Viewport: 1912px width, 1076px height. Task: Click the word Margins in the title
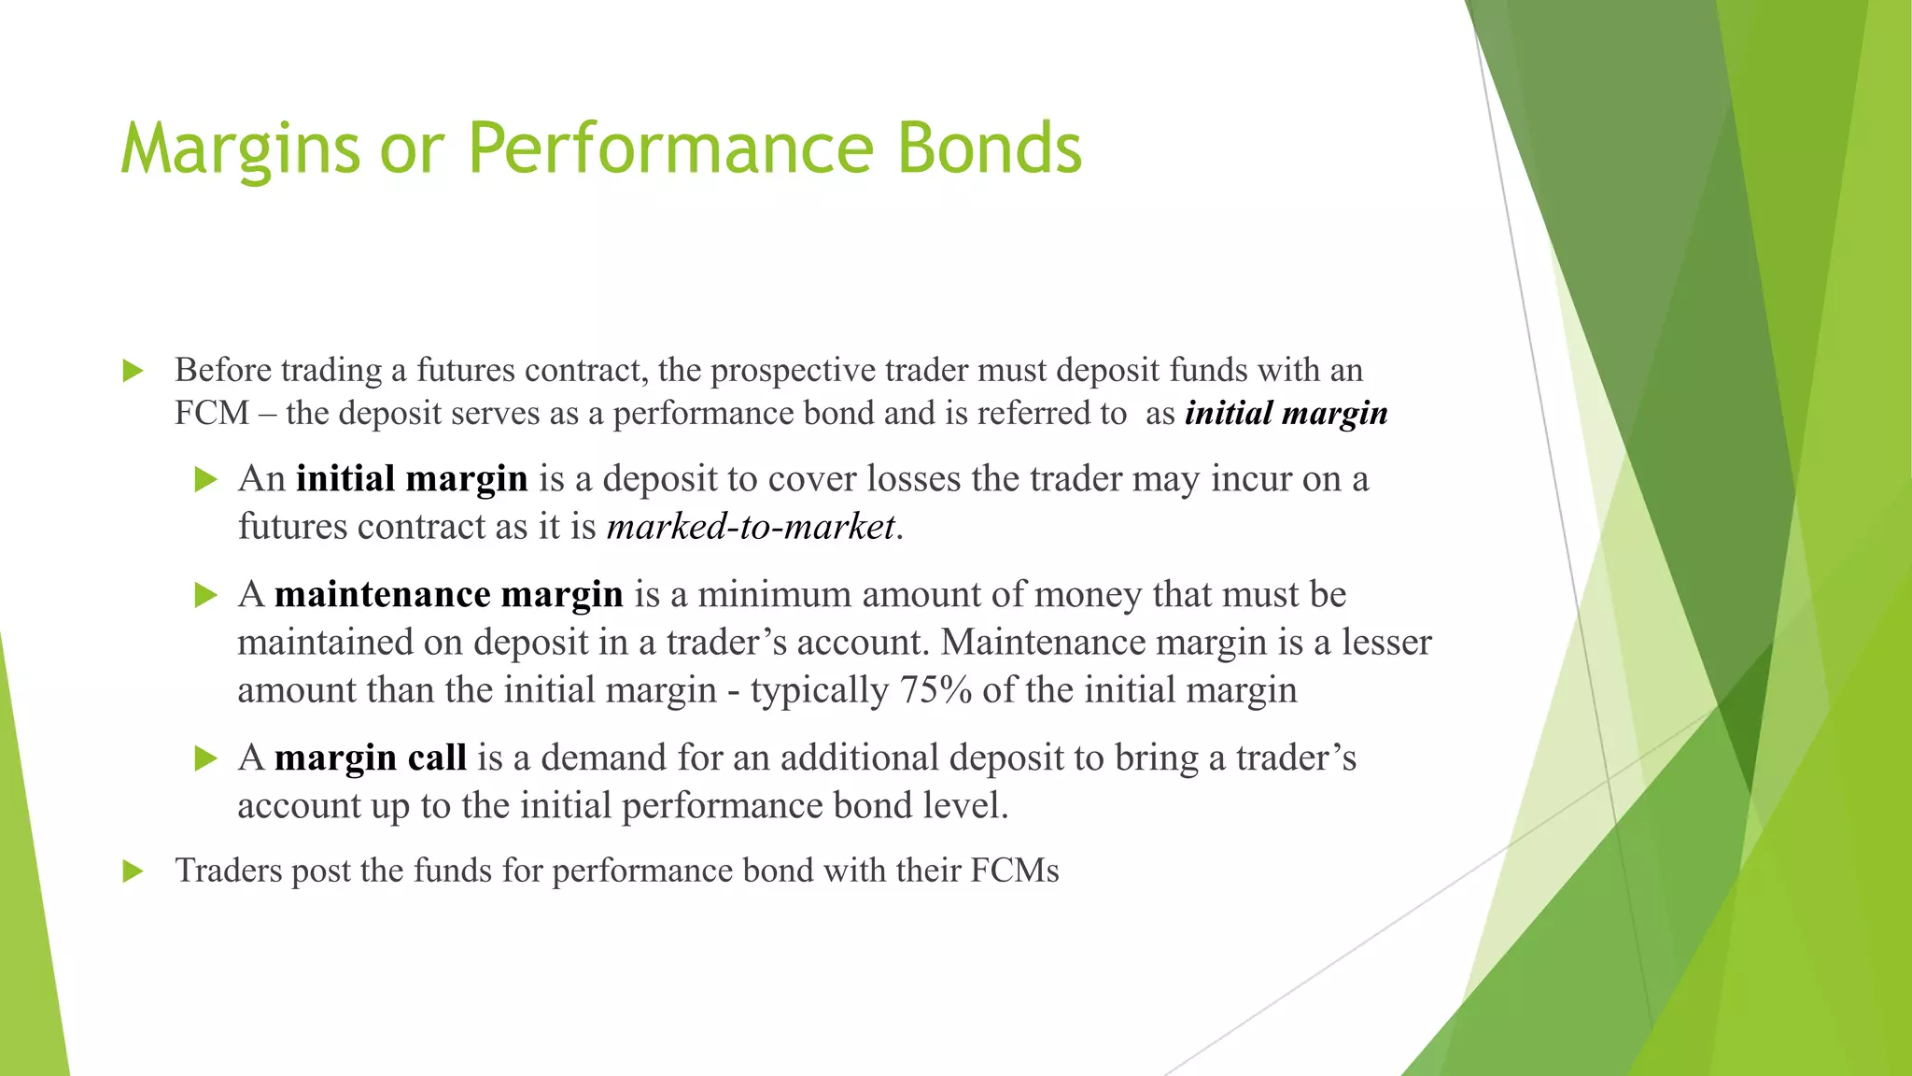(240, 149)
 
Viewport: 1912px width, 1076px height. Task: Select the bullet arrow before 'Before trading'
(133, 372)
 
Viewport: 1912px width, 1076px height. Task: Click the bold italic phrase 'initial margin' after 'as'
(1286, 413)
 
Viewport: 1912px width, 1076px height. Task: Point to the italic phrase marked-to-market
(751, 527)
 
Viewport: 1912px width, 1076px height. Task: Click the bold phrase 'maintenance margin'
(448, 595)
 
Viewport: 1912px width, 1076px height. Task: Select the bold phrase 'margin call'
(370, 757)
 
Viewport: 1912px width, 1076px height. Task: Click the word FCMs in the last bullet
(1015, 871)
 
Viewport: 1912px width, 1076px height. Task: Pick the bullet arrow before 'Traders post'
(133, 872)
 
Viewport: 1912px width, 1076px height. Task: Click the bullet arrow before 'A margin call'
(205, 758)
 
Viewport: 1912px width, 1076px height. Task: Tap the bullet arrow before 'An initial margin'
(205, 480)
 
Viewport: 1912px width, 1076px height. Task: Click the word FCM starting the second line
(212, 413)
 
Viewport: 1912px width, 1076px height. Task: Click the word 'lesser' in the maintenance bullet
(1385, 643)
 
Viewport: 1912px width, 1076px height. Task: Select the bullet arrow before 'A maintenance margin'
(205, 596)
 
